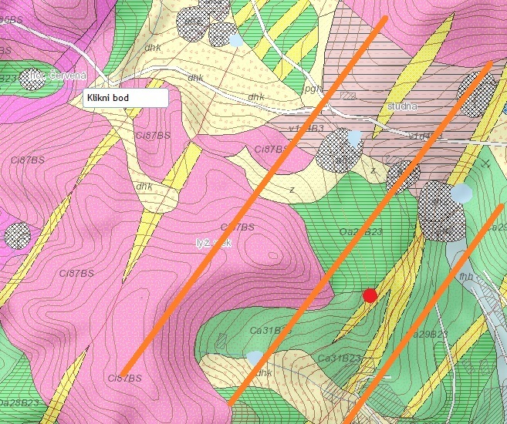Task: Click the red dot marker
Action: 370,295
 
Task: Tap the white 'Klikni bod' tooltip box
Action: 125,99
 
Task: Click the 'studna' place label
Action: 402,106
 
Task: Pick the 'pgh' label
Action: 313,89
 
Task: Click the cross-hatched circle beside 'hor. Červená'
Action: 32,79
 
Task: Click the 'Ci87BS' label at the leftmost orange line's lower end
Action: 123,378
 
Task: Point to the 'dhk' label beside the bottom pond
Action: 265,373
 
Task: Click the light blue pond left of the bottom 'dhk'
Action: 255,358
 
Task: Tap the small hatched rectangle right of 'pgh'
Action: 348,96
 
